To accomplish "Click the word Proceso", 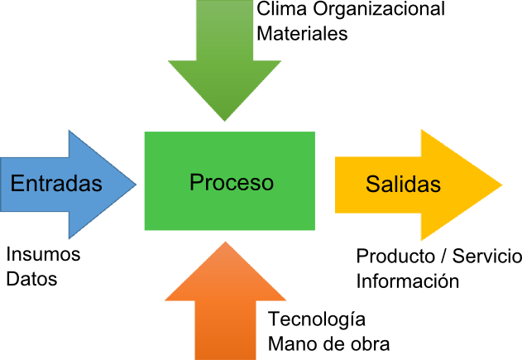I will point(231,182).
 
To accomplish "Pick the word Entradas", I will point(56,184).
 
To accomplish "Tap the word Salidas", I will point(403,185).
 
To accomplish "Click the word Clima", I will point(281,10).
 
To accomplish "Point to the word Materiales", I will point(302,34).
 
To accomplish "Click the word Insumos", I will point(43,254).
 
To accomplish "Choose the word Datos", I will point(31,279).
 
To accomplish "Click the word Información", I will point(407,281).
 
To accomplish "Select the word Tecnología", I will point(316,319).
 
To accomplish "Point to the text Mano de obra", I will point(328,343).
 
